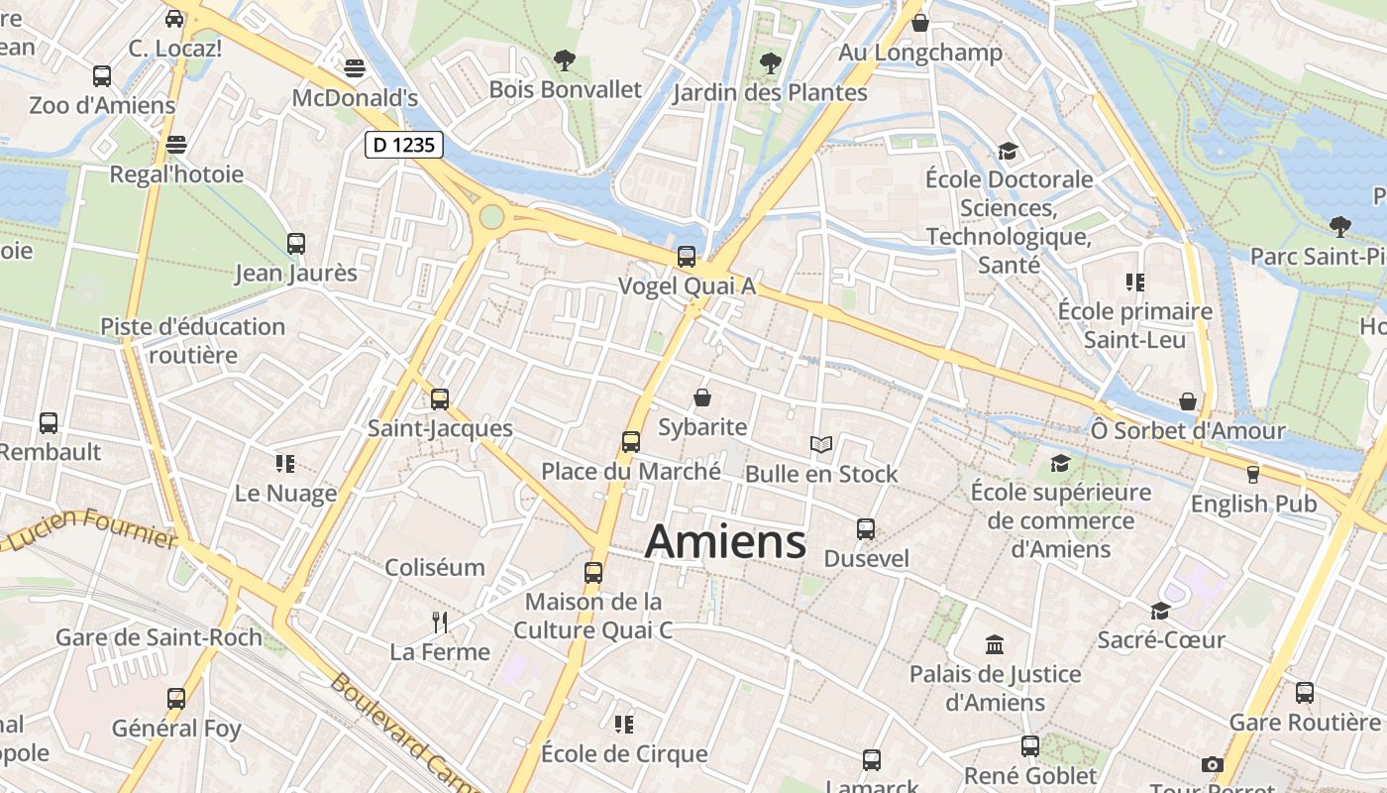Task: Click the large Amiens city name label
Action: [725, 542]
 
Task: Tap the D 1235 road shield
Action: [403, 145]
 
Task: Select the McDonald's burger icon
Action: [355, 68]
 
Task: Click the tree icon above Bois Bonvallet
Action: [565, 60]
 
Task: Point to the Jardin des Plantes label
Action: [770, 93]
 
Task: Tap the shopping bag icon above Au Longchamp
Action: [920, 23]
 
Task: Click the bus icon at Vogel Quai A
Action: [687, 257]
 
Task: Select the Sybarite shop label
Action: [702, 427]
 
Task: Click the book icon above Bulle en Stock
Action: [821, 444]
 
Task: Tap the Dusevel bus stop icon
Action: [866, 529]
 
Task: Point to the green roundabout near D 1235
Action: [491, 216]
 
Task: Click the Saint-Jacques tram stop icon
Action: [440, 399]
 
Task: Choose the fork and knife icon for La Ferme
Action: [440, 623]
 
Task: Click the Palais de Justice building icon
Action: [995, 645]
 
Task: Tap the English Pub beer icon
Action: [1253, 475]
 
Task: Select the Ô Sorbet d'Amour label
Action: [1187, 431]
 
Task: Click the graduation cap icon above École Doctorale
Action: [1009, 151]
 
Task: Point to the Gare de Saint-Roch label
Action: [159, 637]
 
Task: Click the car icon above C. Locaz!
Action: [174, 18]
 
